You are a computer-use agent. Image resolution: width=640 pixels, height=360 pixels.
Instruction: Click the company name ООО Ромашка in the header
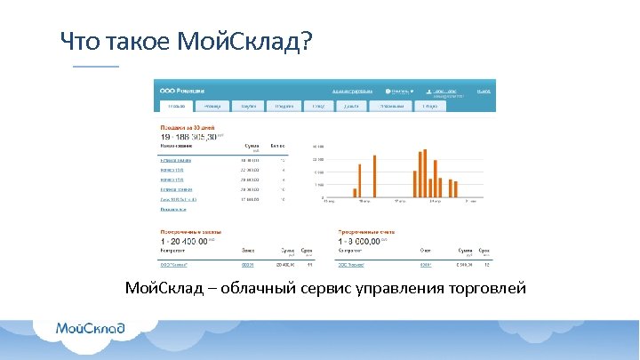(x=181, y=91)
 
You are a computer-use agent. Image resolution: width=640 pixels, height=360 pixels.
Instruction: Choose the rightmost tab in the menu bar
(x=430, y=106)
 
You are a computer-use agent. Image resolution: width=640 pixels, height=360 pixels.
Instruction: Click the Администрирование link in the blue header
(x=351, y=91)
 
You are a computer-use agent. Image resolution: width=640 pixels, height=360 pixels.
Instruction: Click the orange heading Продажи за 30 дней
(x=187, y=127)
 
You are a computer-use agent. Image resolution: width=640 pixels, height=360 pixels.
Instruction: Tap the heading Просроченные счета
(x=366, y=232)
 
